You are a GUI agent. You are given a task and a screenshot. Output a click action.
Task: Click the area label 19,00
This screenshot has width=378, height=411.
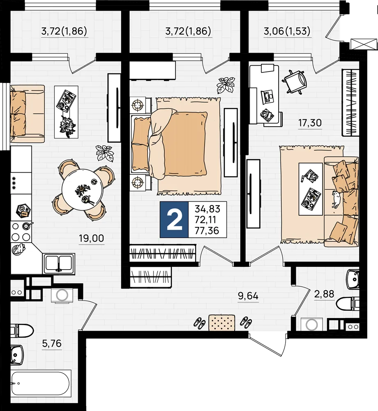92,238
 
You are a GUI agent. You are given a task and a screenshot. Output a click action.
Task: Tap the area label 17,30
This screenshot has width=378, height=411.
310,122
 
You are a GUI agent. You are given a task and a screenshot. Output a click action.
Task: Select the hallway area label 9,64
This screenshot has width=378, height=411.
248,296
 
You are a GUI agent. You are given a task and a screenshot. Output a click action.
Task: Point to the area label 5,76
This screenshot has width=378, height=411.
52,343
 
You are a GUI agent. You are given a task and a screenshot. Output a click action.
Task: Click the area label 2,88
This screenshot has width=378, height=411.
324,294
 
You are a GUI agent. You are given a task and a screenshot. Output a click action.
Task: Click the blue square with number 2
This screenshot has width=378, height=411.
174,219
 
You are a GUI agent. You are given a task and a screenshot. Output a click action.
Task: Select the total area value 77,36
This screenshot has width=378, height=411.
207,231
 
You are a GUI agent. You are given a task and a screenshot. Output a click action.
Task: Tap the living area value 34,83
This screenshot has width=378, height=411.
207,209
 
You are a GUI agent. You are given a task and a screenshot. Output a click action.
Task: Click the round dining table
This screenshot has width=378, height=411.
83,189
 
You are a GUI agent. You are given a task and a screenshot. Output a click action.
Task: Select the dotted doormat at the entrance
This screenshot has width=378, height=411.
221,323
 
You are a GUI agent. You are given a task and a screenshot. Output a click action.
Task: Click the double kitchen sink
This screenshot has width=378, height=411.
59,263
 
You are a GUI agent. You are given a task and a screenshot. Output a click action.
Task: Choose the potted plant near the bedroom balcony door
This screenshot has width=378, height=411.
225,85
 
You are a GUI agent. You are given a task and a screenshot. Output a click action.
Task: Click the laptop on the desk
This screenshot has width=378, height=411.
267,96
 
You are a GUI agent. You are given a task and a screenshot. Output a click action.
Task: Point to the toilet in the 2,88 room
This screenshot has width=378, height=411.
348,304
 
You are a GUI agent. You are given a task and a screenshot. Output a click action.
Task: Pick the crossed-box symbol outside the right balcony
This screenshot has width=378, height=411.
364,44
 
